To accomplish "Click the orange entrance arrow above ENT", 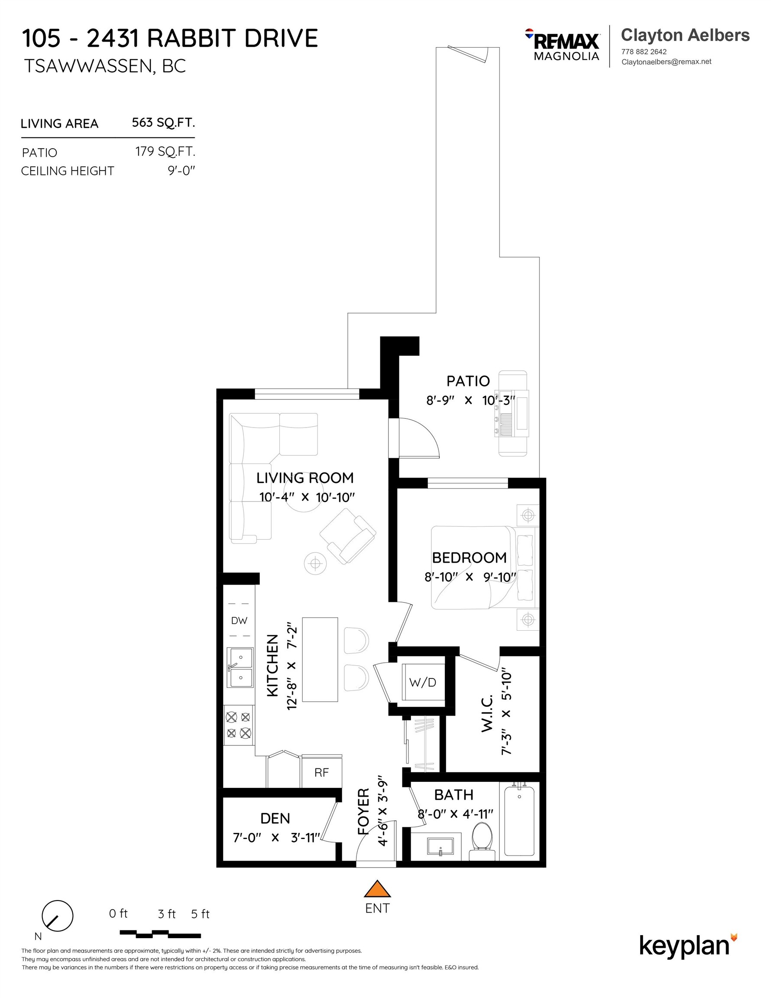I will pos(377,889).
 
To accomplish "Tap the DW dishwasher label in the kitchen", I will pos(239,621).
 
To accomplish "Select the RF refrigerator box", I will pos(321,772).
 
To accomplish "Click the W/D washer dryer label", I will pos(422,682).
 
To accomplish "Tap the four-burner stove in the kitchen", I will pos(239,725).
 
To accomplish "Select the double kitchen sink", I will pos(240,667).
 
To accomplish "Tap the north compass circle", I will pos(58,916).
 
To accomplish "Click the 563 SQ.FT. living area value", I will pos(163,123).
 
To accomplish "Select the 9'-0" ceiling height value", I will pos(181,171).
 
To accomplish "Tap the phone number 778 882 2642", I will pos(644,52).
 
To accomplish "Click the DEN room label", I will pos(275,818).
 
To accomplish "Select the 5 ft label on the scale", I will pos(200,914).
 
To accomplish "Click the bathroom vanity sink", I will pos(440,846).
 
